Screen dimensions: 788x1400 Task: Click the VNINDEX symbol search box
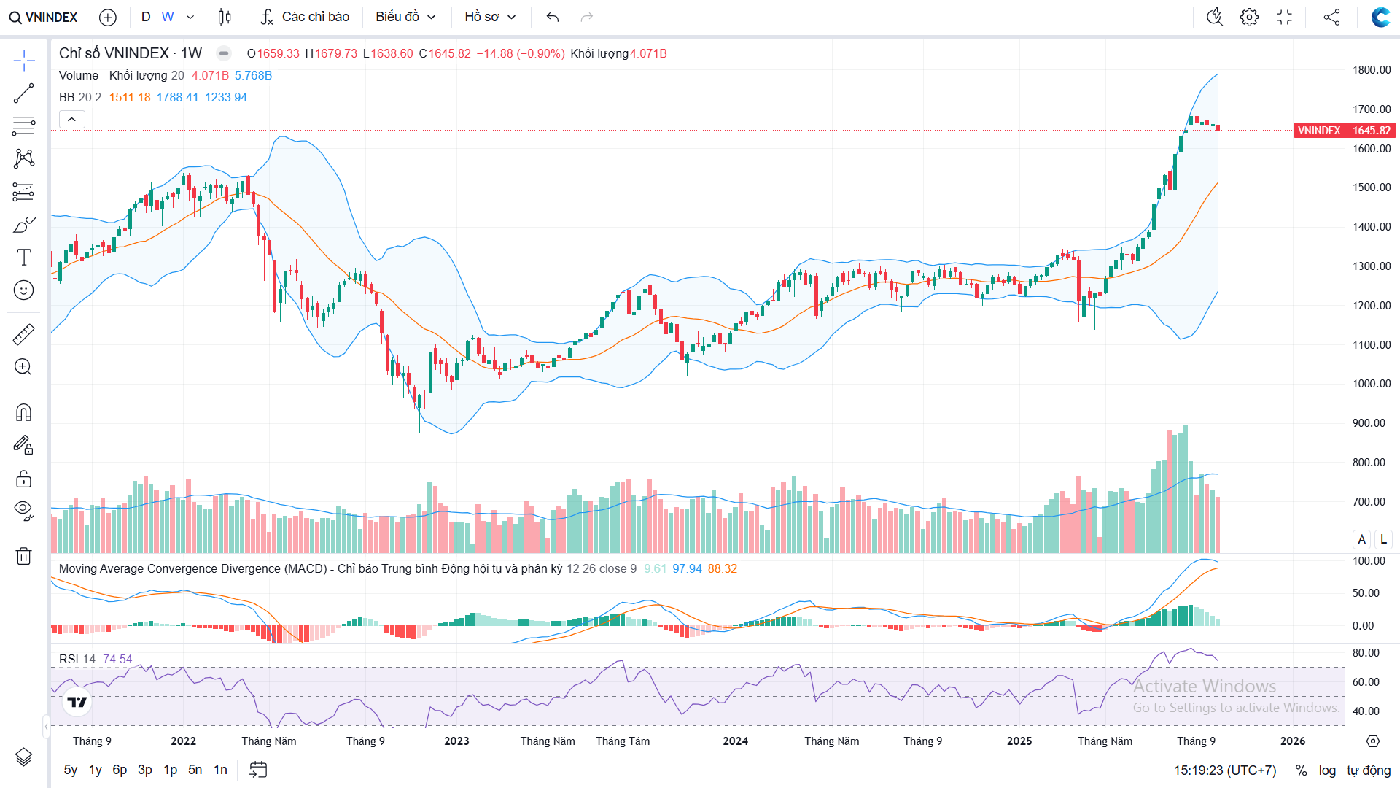(44, 17)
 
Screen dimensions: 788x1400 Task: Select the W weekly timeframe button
(168, 17)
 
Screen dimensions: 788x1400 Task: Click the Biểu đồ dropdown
(405, 17)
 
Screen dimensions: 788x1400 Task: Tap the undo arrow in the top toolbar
(553, 17)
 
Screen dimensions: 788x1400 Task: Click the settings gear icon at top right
(1249, 17)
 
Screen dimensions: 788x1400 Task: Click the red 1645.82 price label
(1371, 131)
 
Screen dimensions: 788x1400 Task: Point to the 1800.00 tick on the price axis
(1372, 70)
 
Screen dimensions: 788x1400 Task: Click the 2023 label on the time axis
(456, 741)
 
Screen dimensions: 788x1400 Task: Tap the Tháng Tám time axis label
(623, 741)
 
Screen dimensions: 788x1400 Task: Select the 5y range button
(71, 770)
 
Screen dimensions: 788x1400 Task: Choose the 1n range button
(220, 770)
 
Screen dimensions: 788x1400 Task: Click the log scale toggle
(1327, 770)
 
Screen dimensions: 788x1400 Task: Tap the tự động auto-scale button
(1369, 770)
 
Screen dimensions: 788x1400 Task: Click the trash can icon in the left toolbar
(23, 556)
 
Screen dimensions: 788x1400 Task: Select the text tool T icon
(23, 258)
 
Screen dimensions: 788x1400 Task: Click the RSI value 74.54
(117, 660)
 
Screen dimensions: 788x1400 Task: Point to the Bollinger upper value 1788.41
(177, 98)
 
